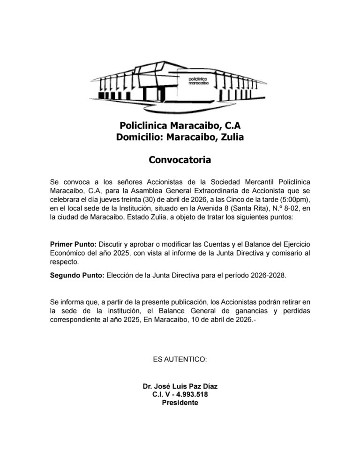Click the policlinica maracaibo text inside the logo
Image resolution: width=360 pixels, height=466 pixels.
click(198, 80)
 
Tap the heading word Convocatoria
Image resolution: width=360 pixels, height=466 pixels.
click(180, 160)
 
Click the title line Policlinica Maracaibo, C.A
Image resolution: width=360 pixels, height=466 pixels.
click(180, 126)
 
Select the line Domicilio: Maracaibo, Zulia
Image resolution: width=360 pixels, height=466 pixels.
click(180, 137)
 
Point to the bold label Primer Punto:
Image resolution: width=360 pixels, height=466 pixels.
click(73, 245)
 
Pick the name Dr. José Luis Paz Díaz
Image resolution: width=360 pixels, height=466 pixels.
click(180, 386)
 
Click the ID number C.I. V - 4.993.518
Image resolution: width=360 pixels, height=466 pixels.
click(180, 395)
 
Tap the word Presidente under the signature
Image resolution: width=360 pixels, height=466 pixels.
click(180, 403)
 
